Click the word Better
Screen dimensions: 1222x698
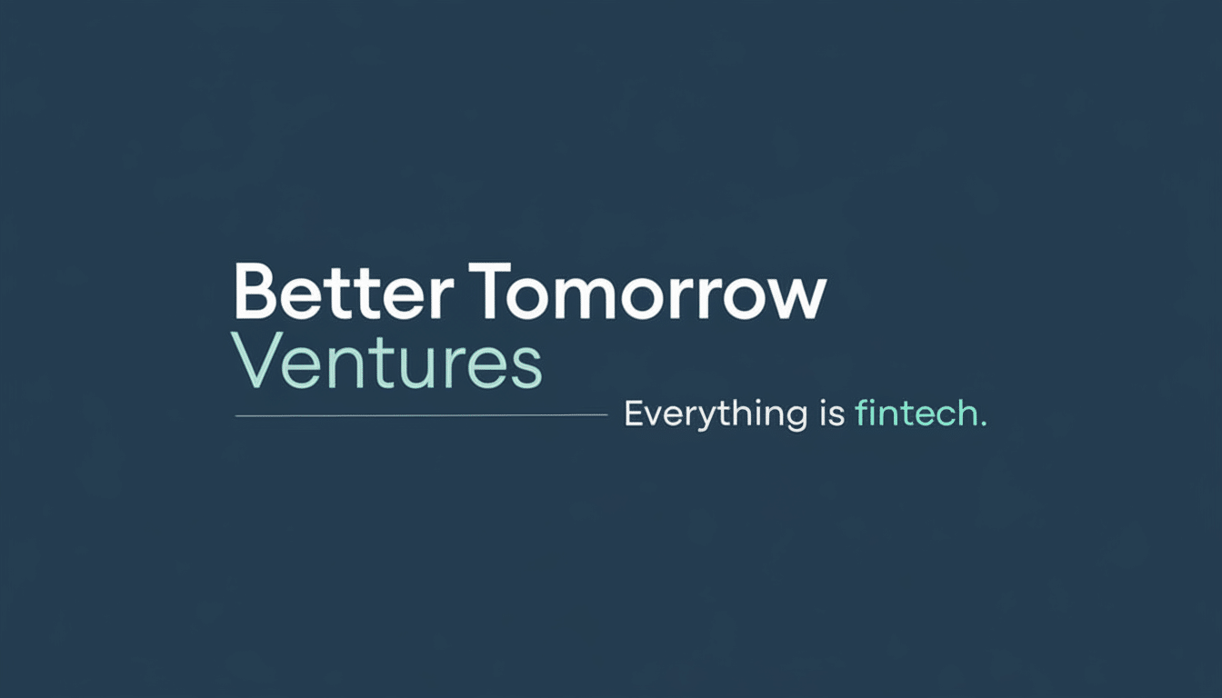(345, 293)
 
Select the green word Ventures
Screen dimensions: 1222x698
(386, 361)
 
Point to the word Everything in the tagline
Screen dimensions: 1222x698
(716, 415)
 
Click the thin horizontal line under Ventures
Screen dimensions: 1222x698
(421, 415)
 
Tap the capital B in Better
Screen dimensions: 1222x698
(255, 292)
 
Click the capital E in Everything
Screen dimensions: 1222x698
(635, 414)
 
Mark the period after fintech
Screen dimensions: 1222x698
(983, 424)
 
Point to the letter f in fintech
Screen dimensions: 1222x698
(862, 413)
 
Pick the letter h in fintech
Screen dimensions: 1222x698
(967, 413)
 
